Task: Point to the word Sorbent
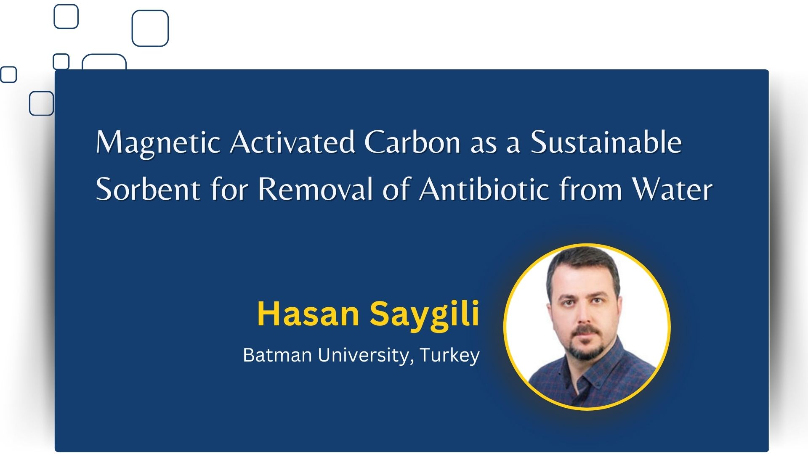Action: coord(148,189)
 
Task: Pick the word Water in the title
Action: coord(672,189)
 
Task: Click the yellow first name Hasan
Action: coord(308,314)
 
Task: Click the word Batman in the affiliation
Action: coord(277,355)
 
